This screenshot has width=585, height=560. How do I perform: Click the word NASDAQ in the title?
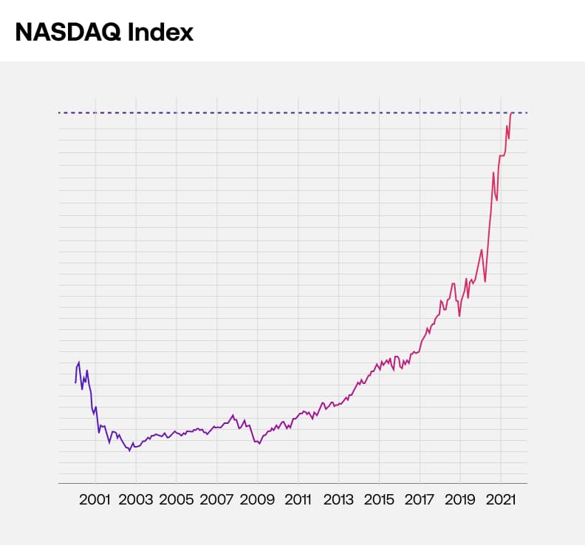coord(61,32)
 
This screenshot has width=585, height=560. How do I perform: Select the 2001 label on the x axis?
coord(95,499)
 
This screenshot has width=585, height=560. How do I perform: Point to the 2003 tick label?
coord(136,499)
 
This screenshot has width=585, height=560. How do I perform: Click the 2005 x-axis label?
coord(177,499)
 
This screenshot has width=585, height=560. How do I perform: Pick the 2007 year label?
coord(217,499)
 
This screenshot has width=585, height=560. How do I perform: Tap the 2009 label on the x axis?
coord(258,499)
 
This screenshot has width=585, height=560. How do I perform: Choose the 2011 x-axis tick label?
coord(298,499)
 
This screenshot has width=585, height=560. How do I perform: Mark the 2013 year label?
coord(338,499)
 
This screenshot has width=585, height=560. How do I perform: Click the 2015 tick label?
coord(379,499)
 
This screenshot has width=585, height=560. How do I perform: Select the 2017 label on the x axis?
coord(420,499)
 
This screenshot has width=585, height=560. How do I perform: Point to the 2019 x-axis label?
coord(460,499)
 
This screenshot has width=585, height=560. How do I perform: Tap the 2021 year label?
coord(501,499)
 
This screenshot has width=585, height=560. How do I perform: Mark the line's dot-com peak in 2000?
coord(79,362)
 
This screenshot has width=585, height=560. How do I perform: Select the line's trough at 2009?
coord(259,443)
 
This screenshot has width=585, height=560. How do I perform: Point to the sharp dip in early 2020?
coord(485,282)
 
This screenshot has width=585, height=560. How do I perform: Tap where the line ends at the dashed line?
coord(512,112)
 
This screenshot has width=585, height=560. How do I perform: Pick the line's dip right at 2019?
coord(459,316)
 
